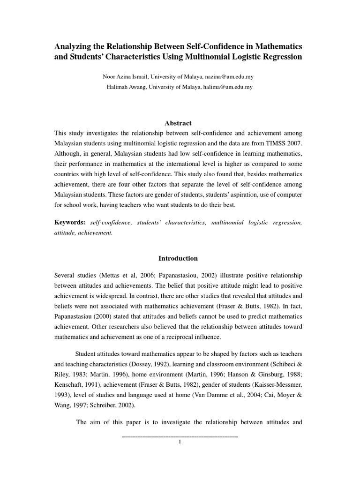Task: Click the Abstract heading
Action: [x=178, y=123]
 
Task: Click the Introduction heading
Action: [x=178, y=258]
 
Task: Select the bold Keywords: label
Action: [x=70, y=222]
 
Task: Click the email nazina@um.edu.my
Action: [x=229, y=76]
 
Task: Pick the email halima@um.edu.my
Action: [x=228, y=87]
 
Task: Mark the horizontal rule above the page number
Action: [x=180, y=437]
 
